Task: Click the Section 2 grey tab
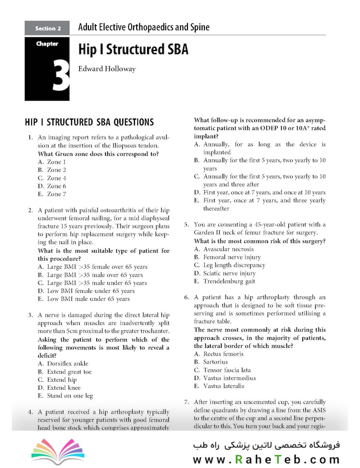tap(48, 29)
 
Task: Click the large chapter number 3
tap(61, 75)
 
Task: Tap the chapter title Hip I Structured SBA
tap(133, 49)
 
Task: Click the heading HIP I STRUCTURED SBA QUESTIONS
tap(89, 122)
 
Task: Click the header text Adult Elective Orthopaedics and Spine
tap(144, 28)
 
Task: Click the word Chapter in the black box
tap(47, 44)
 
